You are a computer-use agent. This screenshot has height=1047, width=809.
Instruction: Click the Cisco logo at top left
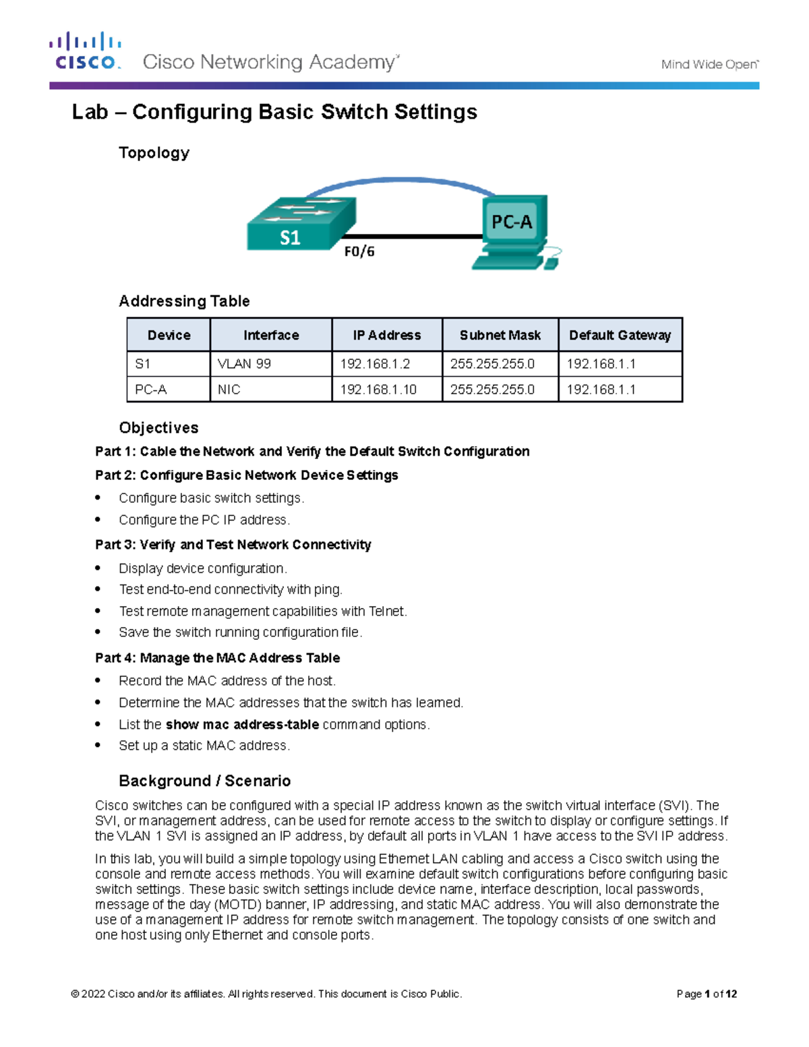[86, 51]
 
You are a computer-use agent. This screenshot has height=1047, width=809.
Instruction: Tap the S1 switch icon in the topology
[300, 225]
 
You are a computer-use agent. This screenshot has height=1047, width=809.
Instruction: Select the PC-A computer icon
[514, 231]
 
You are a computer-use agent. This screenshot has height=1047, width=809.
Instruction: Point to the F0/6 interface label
[359, 251]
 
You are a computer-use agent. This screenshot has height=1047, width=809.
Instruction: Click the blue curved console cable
[398, 181]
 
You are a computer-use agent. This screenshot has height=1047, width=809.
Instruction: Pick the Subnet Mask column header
[500, 335]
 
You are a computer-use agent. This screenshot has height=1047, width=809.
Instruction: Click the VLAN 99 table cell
[244, 364]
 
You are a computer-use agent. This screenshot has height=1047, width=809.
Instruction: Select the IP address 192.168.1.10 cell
[378, 390]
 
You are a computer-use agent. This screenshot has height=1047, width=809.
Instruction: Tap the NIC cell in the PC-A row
[229, 390]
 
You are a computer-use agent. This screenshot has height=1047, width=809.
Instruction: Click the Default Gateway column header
[620, 335]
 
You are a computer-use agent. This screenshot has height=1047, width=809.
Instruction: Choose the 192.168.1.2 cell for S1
[375, 364]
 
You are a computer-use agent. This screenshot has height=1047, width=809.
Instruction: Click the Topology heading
[154, 153]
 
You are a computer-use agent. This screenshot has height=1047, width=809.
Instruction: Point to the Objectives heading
[158, 428]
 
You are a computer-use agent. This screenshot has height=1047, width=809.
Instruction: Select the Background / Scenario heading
[204, 781]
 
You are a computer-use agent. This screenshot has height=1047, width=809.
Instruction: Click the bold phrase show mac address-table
[242, 725]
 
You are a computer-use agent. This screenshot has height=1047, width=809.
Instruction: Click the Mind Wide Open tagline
[709, 65]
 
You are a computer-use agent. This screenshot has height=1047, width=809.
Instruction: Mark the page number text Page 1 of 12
[707, 994]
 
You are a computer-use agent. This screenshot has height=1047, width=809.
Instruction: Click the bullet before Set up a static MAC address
[98, 746]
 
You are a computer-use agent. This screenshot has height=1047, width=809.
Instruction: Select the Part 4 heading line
[217, 658]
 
